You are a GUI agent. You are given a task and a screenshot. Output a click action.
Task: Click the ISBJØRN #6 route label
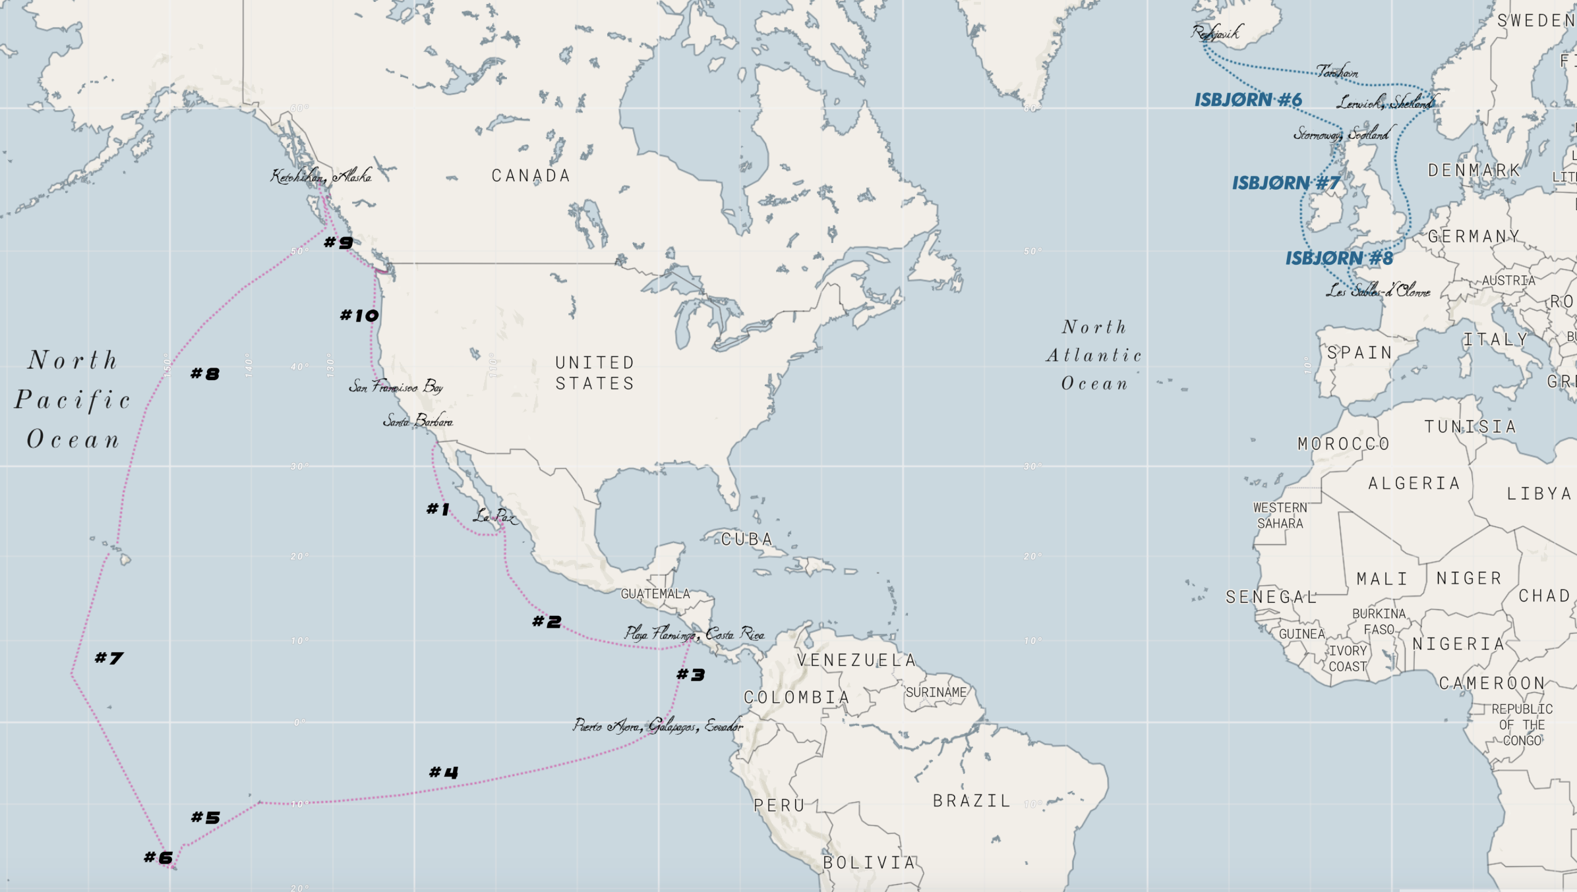point(1248,100)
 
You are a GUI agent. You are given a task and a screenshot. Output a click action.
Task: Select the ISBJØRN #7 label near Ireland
point(1286,183)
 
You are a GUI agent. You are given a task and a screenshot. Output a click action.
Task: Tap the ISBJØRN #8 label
point(1339,258)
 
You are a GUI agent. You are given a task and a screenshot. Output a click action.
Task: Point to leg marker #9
point(339,242)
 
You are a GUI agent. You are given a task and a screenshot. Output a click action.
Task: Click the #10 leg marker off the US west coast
point(359,316)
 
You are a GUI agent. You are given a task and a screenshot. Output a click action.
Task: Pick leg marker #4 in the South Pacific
point(443,772)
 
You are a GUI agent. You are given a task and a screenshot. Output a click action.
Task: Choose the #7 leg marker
point(109,658)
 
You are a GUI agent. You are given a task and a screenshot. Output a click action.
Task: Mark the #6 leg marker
point(158,858)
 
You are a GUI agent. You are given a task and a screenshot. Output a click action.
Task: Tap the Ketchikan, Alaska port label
point(321,176)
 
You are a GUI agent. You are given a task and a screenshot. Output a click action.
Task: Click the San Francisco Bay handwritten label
point(396,387)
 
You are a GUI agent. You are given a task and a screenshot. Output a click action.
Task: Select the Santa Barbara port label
point(418,421)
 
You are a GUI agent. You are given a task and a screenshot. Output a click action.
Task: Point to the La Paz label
point(494,516)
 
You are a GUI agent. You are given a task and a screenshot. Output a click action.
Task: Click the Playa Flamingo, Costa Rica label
point(694,634)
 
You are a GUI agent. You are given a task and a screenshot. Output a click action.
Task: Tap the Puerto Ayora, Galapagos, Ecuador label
point(657,726)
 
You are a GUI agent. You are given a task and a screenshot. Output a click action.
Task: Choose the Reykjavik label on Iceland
point(1216,32)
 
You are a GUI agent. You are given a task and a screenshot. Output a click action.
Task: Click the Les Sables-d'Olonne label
point(1378,291)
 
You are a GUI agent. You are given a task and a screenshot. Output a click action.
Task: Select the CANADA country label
point(531,176)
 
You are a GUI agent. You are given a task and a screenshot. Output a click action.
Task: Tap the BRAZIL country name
point(972,801)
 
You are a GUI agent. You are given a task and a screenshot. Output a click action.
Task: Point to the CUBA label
point(746,540)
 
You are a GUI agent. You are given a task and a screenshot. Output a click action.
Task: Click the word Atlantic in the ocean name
point(1094,356)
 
